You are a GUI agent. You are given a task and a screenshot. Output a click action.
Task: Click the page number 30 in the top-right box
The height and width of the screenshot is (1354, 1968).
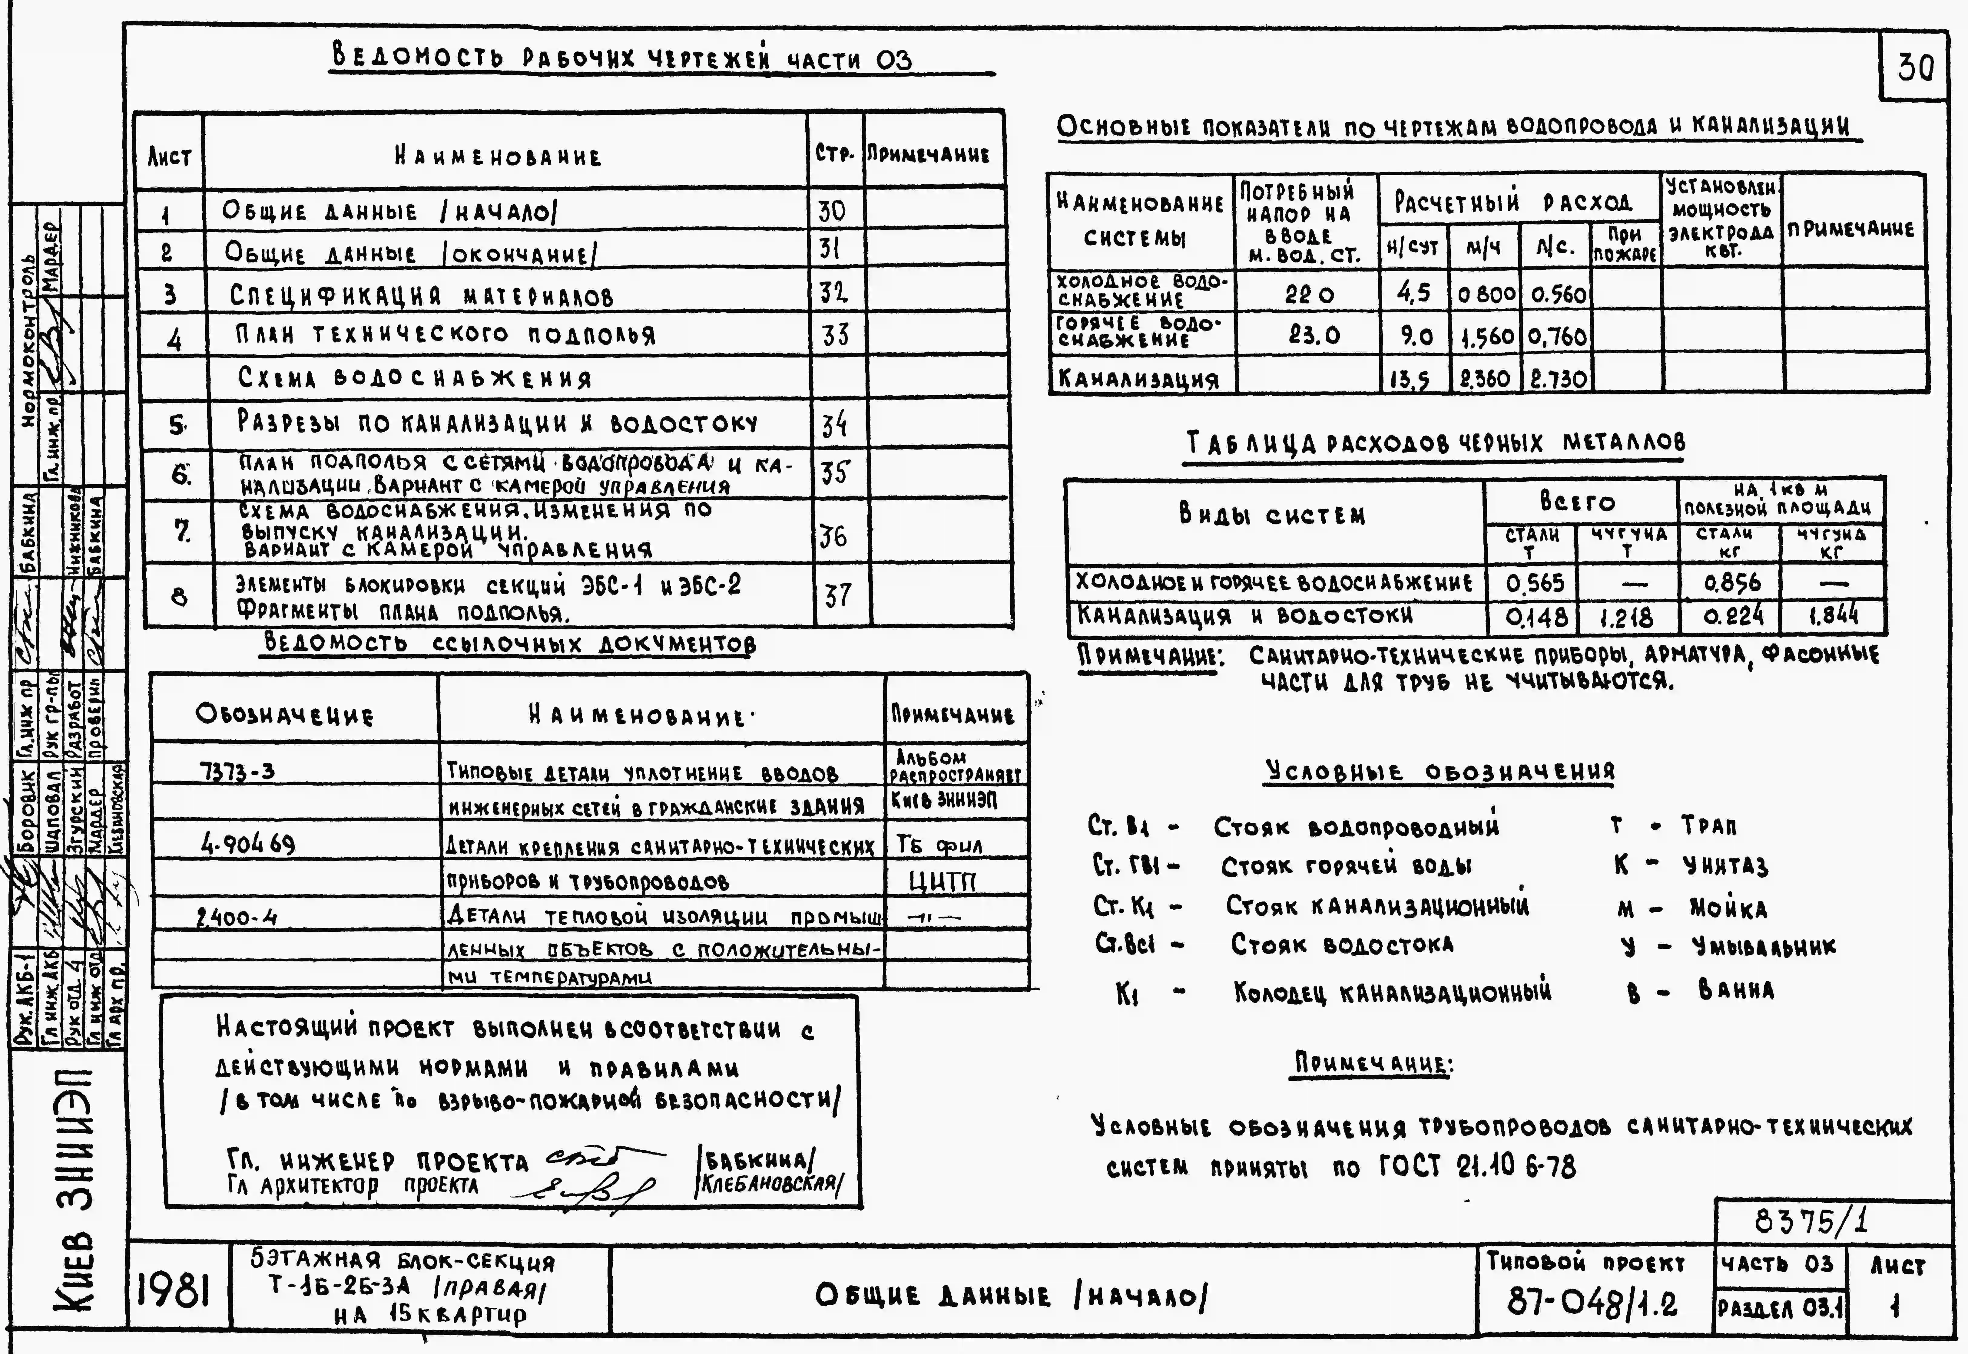click(x=1915, y=66)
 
